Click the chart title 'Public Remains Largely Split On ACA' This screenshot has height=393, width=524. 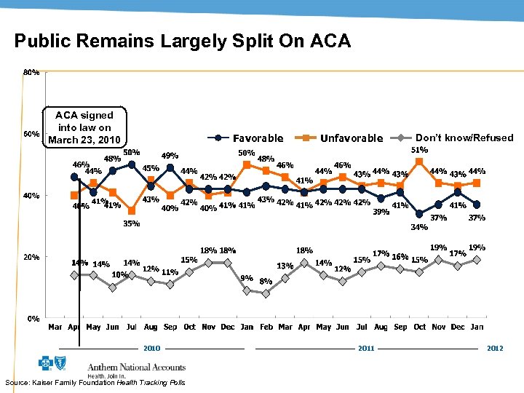[x=182, y=41]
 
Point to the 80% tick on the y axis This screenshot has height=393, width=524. [x=31, y=73]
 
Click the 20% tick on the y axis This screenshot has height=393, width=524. [x=31, y=257]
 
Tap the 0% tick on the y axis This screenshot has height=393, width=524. [x=33, y=319]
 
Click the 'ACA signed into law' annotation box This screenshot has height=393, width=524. [x=84, y=127]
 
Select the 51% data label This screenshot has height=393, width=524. [x=420, y=149]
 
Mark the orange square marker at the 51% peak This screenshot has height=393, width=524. [x=419, y=162]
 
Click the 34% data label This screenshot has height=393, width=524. [x=419, y=227]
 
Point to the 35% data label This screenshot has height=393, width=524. [x=131, y=224]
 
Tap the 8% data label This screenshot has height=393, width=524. [x=266, y=281]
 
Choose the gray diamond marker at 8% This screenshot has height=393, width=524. [x=266, y=293]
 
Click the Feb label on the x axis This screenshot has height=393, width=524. [x=266, y=327]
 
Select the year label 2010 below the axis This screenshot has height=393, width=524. [x=151, y=349]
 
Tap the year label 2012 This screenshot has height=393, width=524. [x=495, y=349]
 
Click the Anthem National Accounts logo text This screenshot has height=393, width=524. [x=136, y=367]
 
